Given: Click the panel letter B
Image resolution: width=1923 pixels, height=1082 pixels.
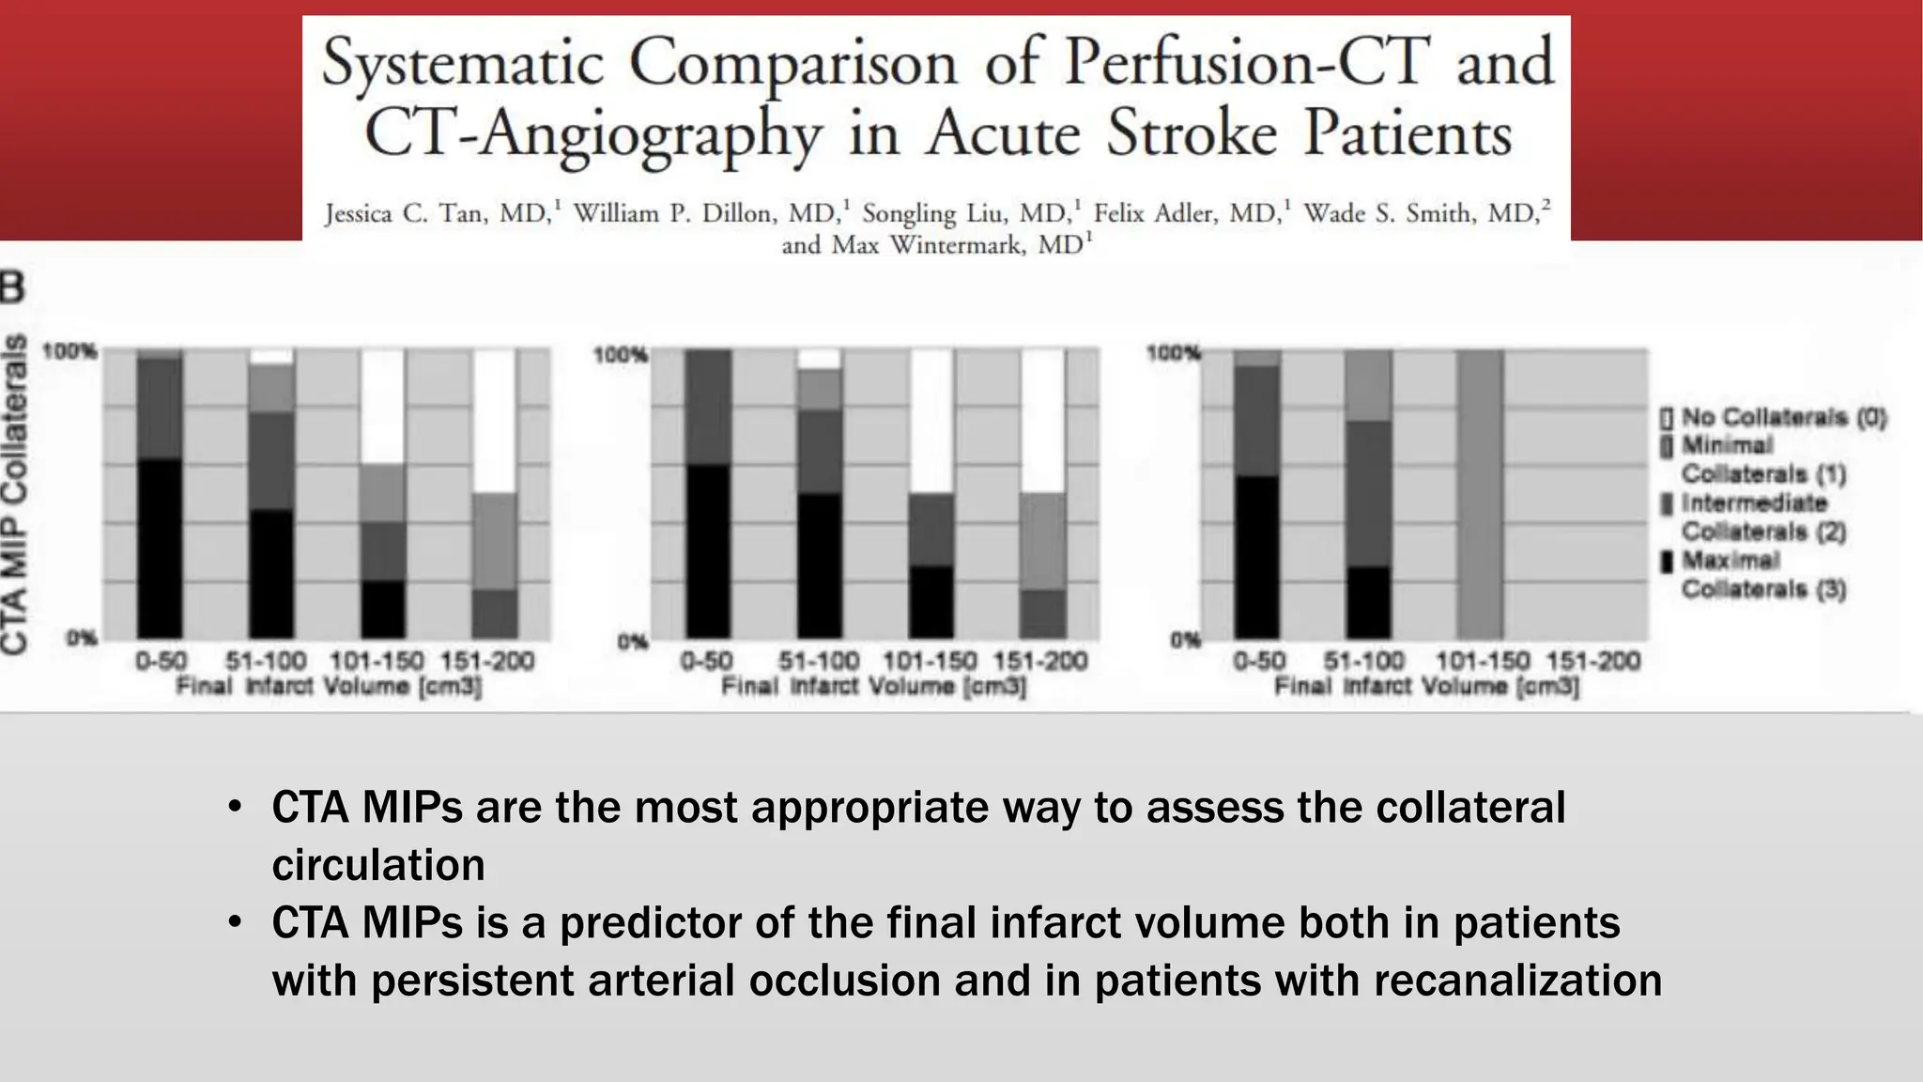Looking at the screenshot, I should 12,287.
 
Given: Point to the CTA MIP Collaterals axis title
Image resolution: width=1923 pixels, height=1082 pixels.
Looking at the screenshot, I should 15,494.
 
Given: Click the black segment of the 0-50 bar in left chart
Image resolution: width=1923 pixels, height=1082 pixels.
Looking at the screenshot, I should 160,549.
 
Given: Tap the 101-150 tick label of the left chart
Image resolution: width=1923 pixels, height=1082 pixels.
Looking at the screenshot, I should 377,661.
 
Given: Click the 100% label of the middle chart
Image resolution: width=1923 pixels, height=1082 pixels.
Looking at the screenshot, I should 620,355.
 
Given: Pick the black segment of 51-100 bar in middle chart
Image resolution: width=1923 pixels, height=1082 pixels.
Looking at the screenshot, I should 821,565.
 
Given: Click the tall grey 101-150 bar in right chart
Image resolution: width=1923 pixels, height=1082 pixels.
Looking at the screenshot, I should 1481,494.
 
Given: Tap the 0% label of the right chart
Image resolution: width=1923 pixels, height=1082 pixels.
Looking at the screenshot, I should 1185,641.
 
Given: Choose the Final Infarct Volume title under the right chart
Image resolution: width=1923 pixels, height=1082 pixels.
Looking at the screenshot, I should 1426,687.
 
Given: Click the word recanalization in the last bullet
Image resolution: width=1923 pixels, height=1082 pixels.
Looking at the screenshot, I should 1517,981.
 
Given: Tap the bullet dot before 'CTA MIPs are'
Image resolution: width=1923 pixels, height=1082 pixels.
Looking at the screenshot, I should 235,808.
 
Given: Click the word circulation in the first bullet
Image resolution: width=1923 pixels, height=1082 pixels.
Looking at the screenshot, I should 378,865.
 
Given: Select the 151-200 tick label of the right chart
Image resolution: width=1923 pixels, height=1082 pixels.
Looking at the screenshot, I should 1592,661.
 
